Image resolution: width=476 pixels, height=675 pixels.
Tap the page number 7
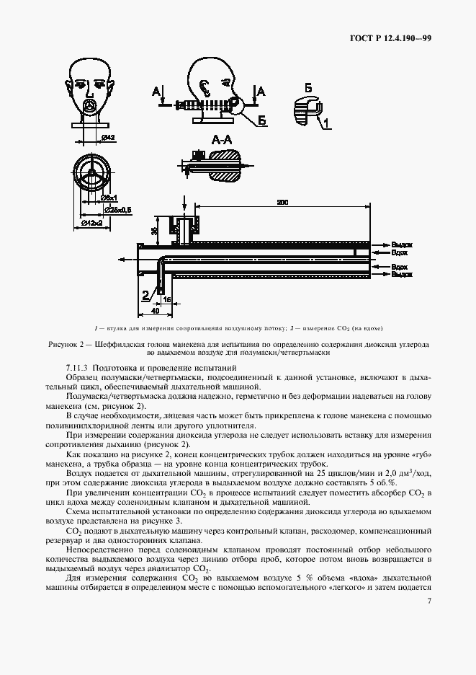click(428, 601)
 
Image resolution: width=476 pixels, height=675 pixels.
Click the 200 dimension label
click(282, 204)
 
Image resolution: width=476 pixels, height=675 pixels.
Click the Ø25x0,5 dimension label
click(117, 210)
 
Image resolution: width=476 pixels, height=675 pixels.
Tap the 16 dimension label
click(167, 297)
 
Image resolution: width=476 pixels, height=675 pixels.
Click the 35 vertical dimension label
click(153, 231)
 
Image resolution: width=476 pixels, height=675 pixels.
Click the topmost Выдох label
click(402, 245)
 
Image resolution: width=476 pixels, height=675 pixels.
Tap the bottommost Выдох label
click(402, 274)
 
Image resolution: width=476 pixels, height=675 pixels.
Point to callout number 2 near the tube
click(145, 294)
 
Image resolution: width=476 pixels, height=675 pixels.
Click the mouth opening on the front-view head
click(91, 105)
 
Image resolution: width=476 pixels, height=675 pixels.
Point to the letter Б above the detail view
click(307, 87)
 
